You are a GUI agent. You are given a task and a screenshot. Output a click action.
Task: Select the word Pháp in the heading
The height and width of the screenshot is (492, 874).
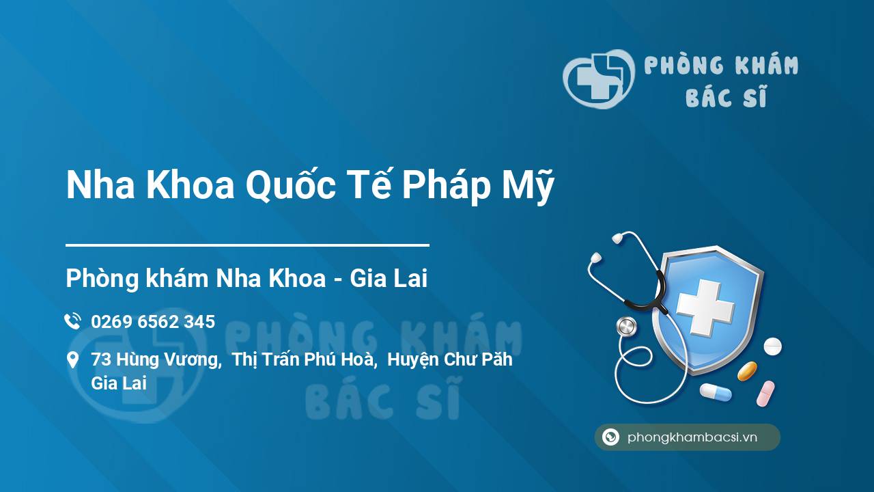coord(445,186)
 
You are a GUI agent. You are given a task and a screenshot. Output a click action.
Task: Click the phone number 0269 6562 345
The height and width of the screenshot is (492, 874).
coord(153,321)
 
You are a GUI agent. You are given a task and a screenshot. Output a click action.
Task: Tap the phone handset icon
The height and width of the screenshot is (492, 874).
coord(72,321)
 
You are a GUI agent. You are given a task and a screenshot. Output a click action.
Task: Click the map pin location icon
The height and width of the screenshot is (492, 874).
coord(72,360)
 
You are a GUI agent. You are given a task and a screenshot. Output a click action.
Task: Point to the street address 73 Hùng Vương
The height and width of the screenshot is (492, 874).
coord(156,359)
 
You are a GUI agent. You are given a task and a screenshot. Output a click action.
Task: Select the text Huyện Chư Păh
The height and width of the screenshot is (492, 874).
coord(449,359)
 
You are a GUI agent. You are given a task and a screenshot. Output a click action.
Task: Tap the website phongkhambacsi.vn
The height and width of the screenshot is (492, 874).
coord(692,437)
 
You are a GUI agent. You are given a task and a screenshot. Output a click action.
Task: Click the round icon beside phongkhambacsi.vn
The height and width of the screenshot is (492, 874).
coord(610,437)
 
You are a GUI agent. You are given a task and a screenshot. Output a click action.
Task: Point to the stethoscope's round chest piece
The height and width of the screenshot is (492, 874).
coord(625,327)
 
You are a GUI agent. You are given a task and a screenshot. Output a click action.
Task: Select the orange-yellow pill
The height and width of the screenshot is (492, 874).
coord(747,371)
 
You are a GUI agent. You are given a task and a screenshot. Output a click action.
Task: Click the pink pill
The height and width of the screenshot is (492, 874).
coord(765,393)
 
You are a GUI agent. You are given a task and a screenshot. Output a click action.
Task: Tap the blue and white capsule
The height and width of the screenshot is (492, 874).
coord(715,392)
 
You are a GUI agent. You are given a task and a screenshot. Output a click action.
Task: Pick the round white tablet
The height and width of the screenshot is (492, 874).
coord(772,346)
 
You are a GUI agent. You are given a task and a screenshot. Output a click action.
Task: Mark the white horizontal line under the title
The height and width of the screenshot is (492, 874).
coord(247,245)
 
